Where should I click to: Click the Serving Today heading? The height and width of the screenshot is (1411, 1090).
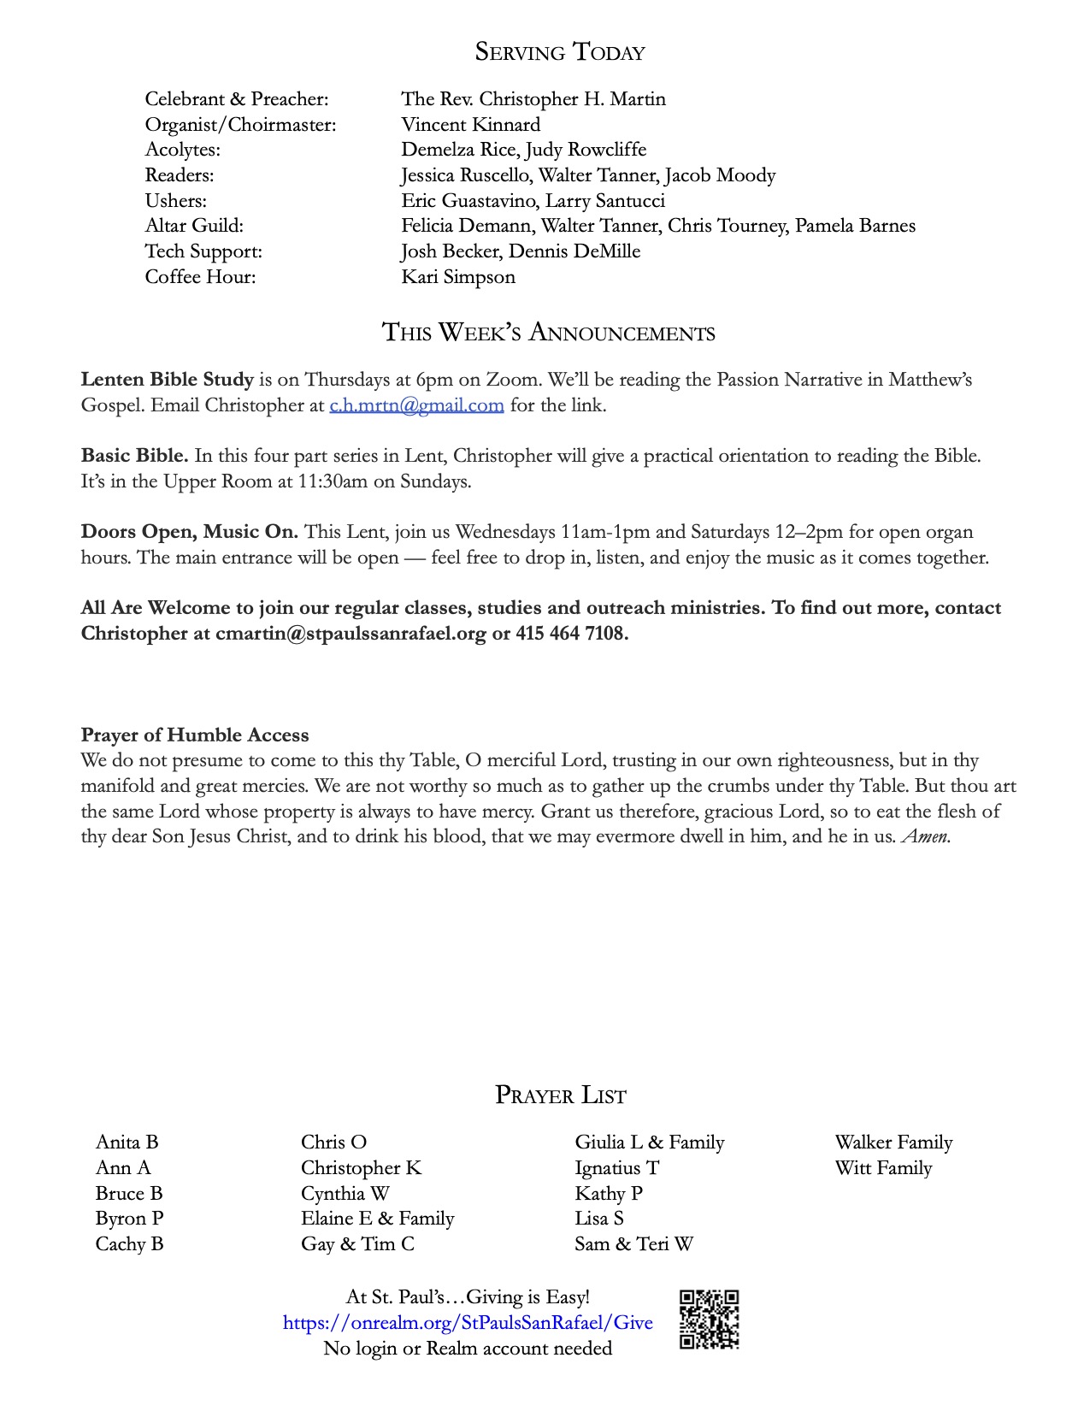(x=560, y=52)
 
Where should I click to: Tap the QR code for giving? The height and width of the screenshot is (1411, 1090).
(x=709, y=1319)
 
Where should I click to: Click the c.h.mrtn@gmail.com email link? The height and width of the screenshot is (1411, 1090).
(x=416, y=405)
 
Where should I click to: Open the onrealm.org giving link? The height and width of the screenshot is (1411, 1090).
(x=468, y=1323)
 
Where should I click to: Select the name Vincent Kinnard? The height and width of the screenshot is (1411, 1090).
(x=471, y=125)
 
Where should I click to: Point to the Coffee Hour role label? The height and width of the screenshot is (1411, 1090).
(x=200, y=277)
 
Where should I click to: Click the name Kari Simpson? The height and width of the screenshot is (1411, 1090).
(x=458, y=277)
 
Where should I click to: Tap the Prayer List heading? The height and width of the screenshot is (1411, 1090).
(x=560, y=1095)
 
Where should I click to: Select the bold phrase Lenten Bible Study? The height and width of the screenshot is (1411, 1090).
(x=167, y=380)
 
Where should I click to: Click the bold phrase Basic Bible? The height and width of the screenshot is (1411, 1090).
(x=134, y=456)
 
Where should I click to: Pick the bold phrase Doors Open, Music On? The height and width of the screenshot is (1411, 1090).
(x=189, y=532)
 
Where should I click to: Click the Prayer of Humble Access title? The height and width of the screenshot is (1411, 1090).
(x=195, y=735)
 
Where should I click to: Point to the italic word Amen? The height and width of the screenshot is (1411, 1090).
(x=926, y=836)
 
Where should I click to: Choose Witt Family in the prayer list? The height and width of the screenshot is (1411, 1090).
(x=883, y=1168)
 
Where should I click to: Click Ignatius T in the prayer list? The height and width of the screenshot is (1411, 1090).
(x=616, y=1168)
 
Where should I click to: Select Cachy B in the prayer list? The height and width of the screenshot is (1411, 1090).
(x=129, y=1244)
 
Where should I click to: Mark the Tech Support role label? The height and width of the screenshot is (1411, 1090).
(x=203, y=251)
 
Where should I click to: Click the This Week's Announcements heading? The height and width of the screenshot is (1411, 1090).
(x=548, y=333)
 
